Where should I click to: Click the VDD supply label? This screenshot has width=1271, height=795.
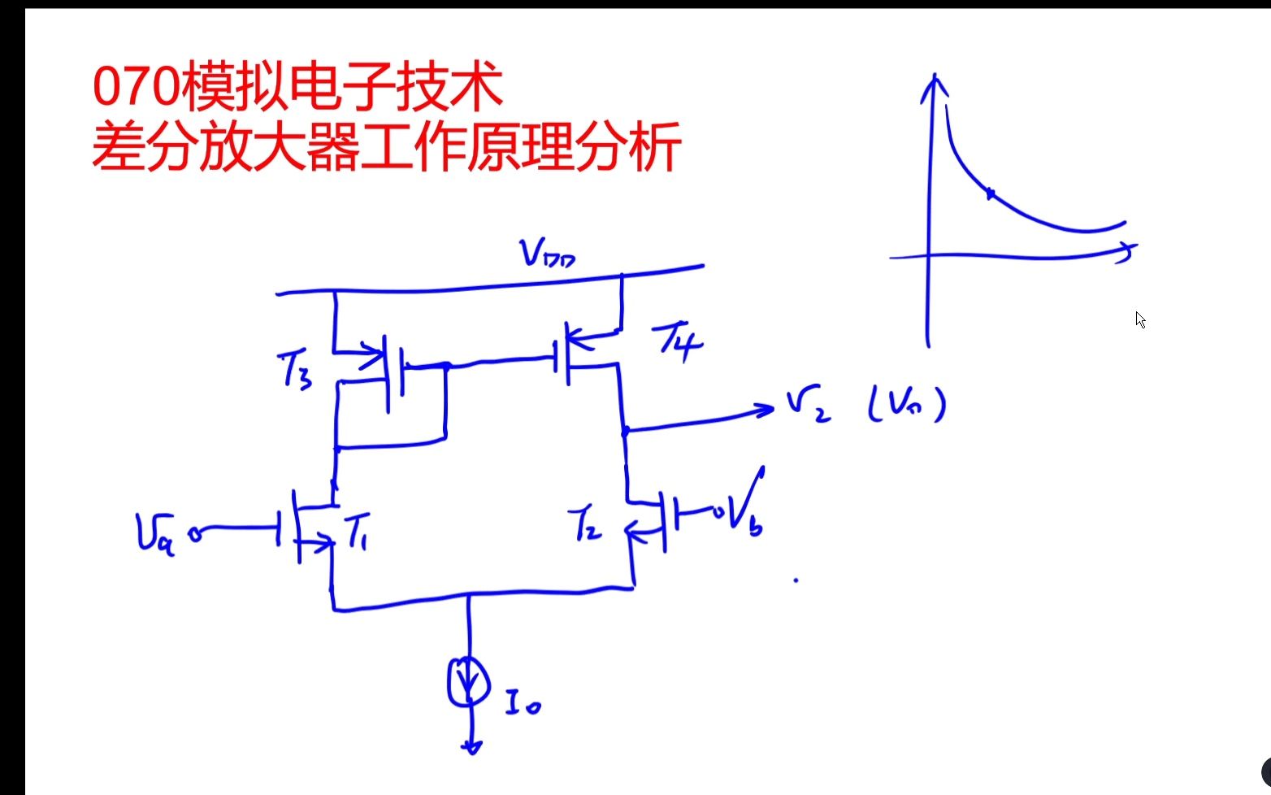click(549, 254)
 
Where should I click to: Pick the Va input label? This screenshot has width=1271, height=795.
click(155, 536)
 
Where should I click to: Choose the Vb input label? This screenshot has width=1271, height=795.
click(746, 504)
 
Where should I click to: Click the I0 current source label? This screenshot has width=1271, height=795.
click(522, 702)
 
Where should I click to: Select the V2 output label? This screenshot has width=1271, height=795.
click(808, 405)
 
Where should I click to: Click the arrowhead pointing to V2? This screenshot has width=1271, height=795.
click(764, 409)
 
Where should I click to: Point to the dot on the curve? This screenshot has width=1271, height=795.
click(990, 193)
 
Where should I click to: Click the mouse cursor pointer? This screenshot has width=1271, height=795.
click(1140, 319)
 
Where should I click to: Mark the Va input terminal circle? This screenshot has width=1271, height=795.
click(195, 535)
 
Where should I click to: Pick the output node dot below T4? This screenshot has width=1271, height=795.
click(625, 431)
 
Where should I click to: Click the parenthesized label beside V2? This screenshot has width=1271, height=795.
click(906, 404)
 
